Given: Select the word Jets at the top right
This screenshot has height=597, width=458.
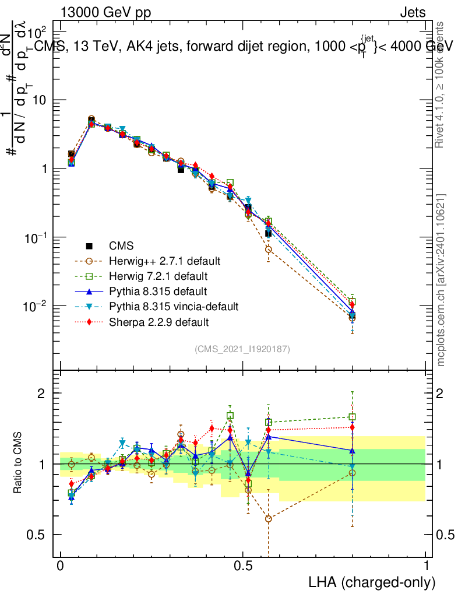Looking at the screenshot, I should (x=413, y=12).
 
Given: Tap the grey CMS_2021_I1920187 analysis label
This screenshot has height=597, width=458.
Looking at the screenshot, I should (x=242, y=349).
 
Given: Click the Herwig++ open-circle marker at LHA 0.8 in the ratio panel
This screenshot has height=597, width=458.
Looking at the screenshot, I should (x=352, y=472).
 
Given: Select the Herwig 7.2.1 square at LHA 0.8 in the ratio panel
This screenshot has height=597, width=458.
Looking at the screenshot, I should (x=352, y=417).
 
